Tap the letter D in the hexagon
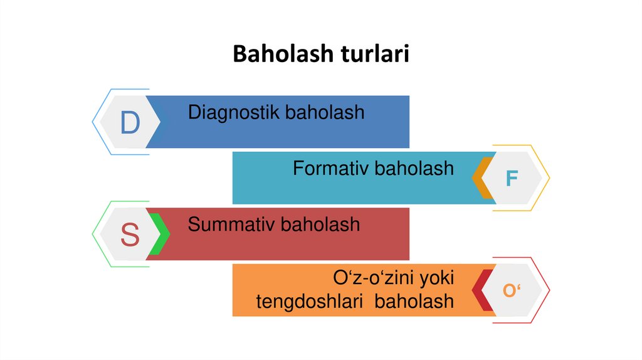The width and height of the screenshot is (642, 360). point(130,123)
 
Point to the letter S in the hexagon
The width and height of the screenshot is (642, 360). point(130,235)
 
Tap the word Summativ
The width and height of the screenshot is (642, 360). point(231,224)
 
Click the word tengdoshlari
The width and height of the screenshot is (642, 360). point(310,301)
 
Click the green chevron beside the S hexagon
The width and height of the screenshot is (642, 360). point(159,235)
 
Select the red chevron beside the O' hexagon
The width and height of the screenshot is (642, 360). point(482,291)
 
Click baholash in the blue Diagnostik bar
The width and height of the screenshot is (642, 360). point(325,112)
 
